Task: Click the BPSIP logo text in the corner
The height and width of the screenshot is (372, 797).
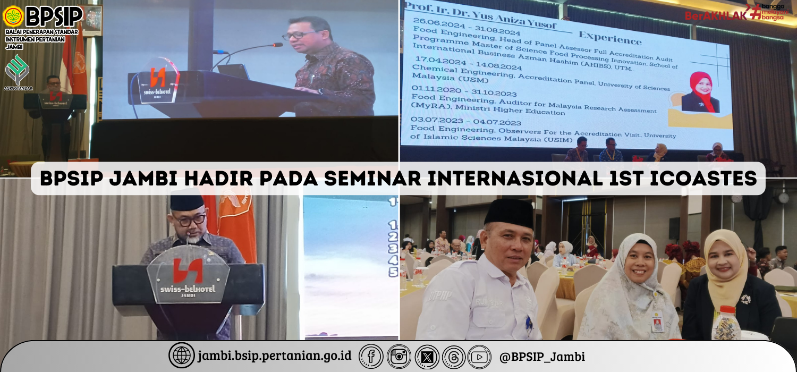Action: [54, 17]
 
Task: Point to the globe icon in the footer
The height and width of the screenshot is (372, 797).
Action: [181, 356]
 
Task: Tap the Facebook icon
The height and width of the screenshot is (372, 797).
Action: [371, 356]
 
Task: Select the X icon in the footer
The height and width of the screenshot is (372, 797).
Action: [427, 356]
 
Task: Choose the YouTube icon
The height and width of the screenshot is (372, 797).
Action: [479, 356]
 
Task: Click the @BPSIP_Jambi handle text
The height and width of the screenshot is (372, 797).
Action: [542, 356]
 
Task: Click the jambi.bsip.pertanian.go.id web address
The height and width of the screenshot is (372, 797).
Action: [275, 356]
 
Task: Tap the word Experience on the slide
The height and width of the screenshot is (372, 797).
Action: [610, 39]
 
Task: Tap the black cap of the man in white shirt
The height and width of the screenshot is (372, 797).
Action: [509, 213]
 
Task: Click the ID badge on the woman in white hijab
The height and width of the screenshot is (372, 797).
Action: [658, 323]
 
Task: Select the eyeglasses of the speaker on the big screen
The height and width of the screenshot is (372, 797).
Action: [299, 36]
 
